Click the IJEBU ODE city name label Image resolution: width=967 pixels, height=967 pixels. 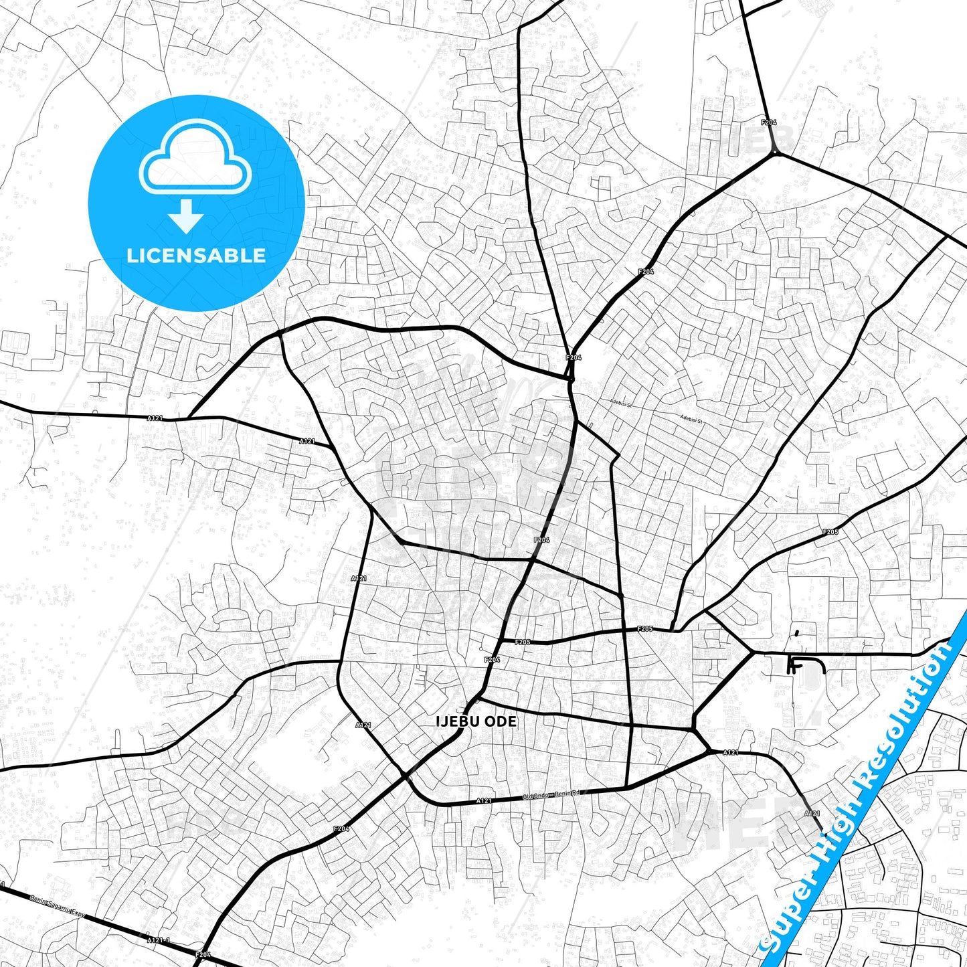pyautogui.click(x=476, y=721)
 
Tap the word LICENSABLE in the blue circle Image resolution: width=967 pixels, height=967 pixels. pyautogui.click(x=196, y=255)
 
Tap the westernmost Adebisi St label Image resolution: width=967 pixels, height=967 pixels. pyautogui.click(x=620, y=403)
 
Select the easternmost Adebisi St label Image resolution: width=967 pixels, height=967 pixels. pyautogui.click(x=693, y=418)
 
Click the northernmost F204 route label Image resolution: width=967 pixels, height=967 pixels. pyautogui.click(x=769, y=122)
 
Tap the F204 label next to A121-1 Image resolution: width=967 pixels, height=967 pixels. pyautogui.click(x=203, y=954)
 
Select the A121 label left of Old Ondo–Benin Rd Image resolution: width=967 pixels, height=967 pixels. pyautogui.click(x=484, y=800)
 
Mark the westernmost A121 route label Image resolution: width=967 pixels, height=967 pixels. pyautogui.click(x=155, y=418)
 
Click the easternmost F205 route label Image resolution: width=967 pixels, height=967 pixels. pyautogui.click(x=830, y=532)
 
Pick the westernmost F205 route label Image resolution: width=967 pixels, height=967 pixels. pyautogui.click(x=523, y=642)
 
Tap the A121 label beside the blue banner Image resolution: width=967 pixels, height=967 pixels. pyautogui.click(x=812, y=813)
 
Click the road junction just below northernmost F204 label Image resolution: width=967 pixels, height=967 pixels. pyautogui.click(x=775, y=153)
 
